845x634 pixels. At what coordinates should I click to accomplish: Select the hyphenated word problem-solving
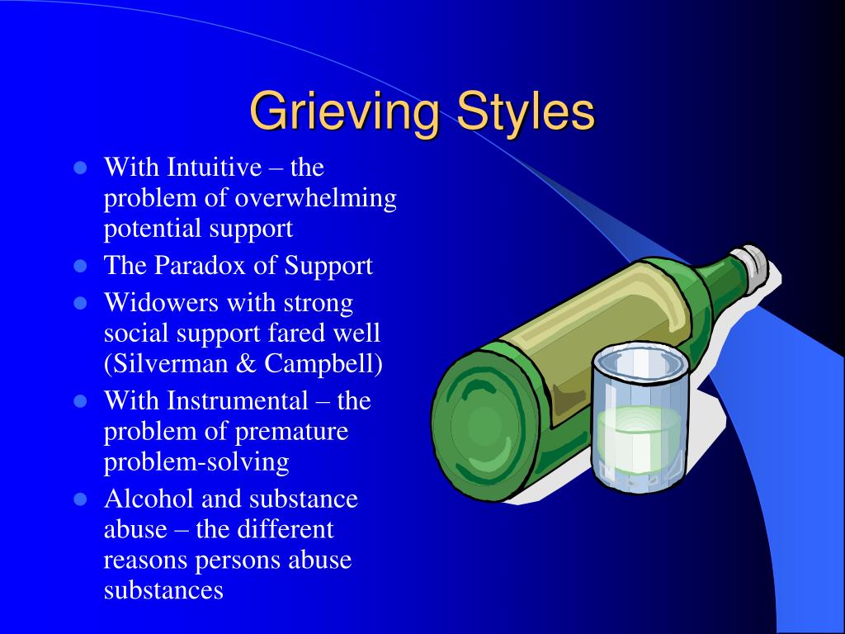click(196, 462)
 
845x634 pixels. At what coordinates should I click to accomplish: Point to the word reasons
click(146, 560)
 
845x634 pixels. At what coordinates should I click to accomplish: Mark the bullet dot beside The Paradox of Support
click(80, 267)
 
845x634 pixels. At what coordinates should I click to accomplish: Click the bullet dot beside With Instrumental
click(80, 402)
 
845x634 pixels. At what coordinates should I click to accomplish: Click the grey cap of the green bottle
click(754, 264)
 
